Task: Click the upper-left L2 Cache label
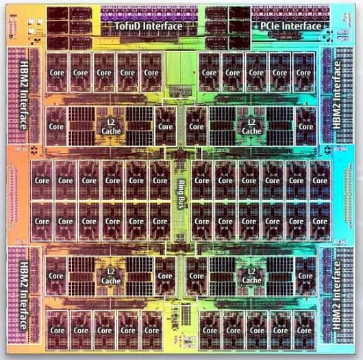point(111,127)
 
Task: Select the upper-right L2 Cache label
point(251,127)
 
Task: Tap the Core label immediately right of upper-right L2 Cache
point(306,127)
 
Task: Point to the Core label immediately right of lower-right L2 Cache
point(306,276)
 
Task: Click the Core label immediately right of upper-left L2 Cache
point(165,127)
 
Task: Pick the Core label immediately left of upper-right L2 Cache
point(197,127)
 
